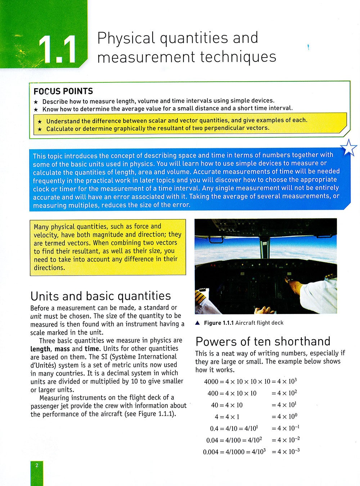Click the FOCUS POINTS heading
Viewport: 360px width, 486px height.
[x=63, y=91]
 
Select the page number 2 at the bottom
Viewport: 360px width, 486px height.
[x=36, y=465]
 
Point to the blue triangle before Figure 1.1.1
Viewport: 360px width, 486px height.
[x=197, y=323]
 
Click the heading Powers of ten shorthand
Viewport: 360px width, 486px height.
[x=263, y=341]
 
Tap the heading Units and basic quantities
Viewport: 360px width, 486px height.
[x=101, y=296]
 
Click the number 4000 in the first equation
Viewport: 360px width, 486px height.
[x=211, y=382]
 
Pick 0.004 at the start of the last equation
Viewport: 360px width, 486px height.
[x=211, y=452]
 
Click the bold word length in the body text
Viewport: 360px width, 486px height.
[x=40, y=349]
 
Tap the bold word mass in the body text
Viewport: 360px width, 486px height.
[x=62, y=349]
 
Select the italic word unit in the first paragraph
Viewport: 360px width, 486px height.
[x=36, y=316]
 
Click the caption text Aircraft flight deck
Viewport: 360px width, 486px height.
[x=259, y=323]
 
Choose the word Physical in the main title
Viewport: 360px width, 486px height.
[x=126, y=38]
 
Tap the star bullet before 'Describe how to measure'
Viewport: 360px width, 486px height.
[x=36, y=102]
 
